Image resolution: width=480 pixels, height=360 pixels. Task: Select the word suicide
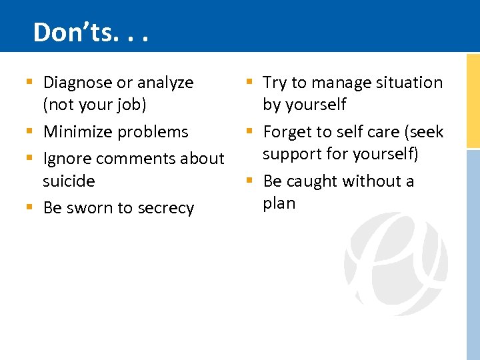coord(69,181)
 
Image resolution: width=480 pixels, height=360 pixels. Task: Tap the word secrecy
coord(165,208)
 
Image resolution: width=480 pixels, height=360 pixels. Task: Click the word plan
coord(279,203)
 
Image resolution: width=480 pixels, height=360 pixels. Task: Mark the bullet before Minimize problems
coord(29,132)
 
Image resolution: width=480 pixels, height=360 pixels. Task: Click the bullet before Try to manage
coord(249,82)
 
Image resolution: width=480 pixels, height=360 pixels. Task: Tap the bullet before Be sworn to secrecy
coord(29,208)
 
